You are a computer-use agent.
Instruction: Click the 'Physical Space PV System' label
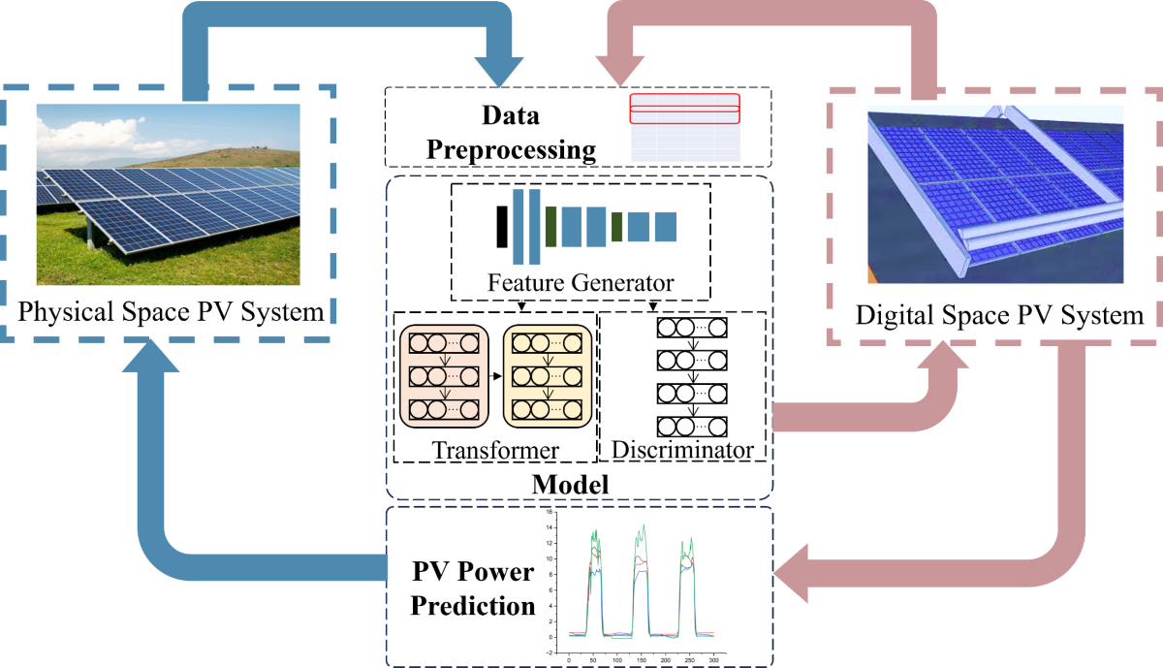[x=171, y=312]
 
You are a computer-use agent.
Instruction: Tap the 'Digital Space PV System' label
[x=999, y=316]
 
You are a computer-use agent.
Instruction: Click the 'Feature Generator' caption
[x=581, y=284]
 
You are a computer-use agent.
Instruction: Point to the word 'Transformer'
[x=495, y=451]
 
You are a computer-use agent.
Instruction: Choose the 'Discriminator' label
[x=683, y=451]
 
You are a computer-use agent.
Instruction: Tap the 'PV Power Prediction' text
[x=473, y=588]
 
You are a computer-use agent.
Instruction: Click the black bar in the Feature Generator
[x=501, y=226]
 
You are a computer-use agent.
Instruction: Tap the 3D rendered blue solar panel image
[x=995, y=194]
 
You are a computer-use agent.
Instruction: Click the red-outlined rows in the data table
[x=684, y=109]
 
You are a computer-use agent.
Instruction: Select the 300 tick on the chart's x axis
[x=713, y=658]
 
